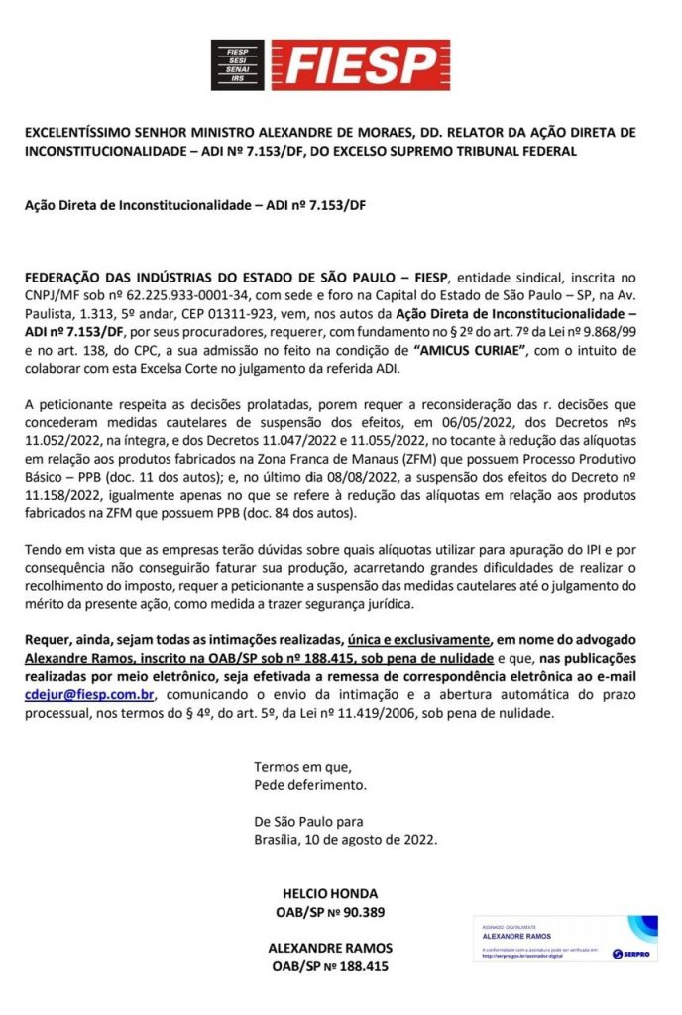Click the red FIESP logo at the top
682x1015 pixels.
pyautogui.click(x=354, y=64)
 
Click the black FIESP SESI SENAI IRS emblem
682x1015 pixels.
pyautogui.click(x=237, y=64)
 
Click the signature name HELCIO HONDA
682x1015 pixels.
pyautogui.click(x=330, y=893)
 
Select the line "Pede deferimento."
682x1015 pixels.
pyautogui.click(x=310, y=785)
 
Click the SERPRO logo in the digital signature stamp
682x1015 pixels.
pyautogui.click(x=630, y=954)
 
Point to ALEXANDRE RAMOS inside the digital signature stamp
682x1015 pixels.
pyautogui.click(x=514, y=935)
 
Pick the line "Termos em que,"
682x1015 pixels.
pyautogui.click(x=302, y=767)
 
